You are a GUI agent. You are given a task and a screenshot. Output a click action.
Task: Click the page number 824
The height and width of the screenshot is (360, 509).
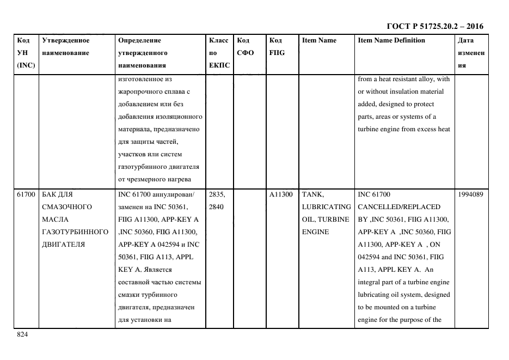(x=22, y=335)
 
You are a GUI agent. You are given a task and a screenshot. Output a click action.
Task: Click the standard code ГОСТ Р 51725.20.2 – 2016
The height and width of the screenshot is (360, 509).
(x=435, y=26)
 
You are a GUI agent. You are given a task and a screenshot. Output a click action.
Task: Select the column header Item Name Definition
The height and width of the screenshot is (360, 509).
(x=391, y=40)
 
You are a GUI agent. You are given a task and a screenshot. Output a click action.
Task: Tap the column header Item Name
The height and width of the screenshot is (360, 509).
(x=319, y=40)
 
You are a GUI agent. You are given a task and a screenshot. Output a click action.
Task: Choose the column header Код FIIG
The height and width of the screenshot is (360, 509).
(x=277, y=47)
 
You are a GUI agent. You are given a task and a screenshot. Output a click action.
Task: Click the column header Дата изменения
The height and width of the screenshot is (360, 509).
(x=471, y=53)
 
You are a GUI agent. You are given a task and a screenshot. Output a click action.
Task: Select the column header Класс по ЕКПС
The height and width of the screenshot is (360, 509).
(x=219, y=53)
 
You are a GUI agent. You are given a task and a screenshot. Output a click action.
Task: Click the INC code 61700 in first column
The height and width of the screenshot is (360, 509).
(x=26, y=194)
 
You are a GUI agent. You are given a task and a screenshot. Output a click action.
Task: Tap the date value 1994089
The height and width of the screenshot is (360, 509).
(x=470, y=194)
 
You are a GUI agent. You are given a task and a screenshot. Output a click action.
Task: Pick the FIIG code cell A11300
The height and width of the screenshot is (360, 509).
(x=281, y=194)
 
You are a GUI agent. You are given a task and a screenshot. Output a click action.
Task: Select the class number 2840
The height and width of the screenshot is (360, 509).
(x=217, y=207)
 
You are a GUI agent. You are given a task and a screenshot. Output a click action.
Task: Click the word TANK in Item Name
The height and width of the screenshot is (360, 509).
(x=312, y=194)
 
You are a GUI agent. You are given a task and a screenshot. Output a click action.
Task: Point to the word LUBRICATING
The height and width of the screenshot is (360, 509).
(x=326, y=207)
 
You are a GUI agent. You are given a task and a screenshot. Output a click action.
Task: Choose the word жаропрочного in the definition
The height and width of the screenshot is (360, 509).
(x=138, y=91)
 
